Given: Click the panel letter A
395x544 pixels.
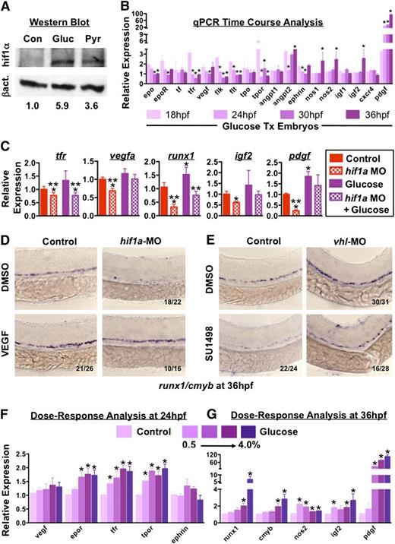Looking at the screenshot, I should click(x=7, y=7).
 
